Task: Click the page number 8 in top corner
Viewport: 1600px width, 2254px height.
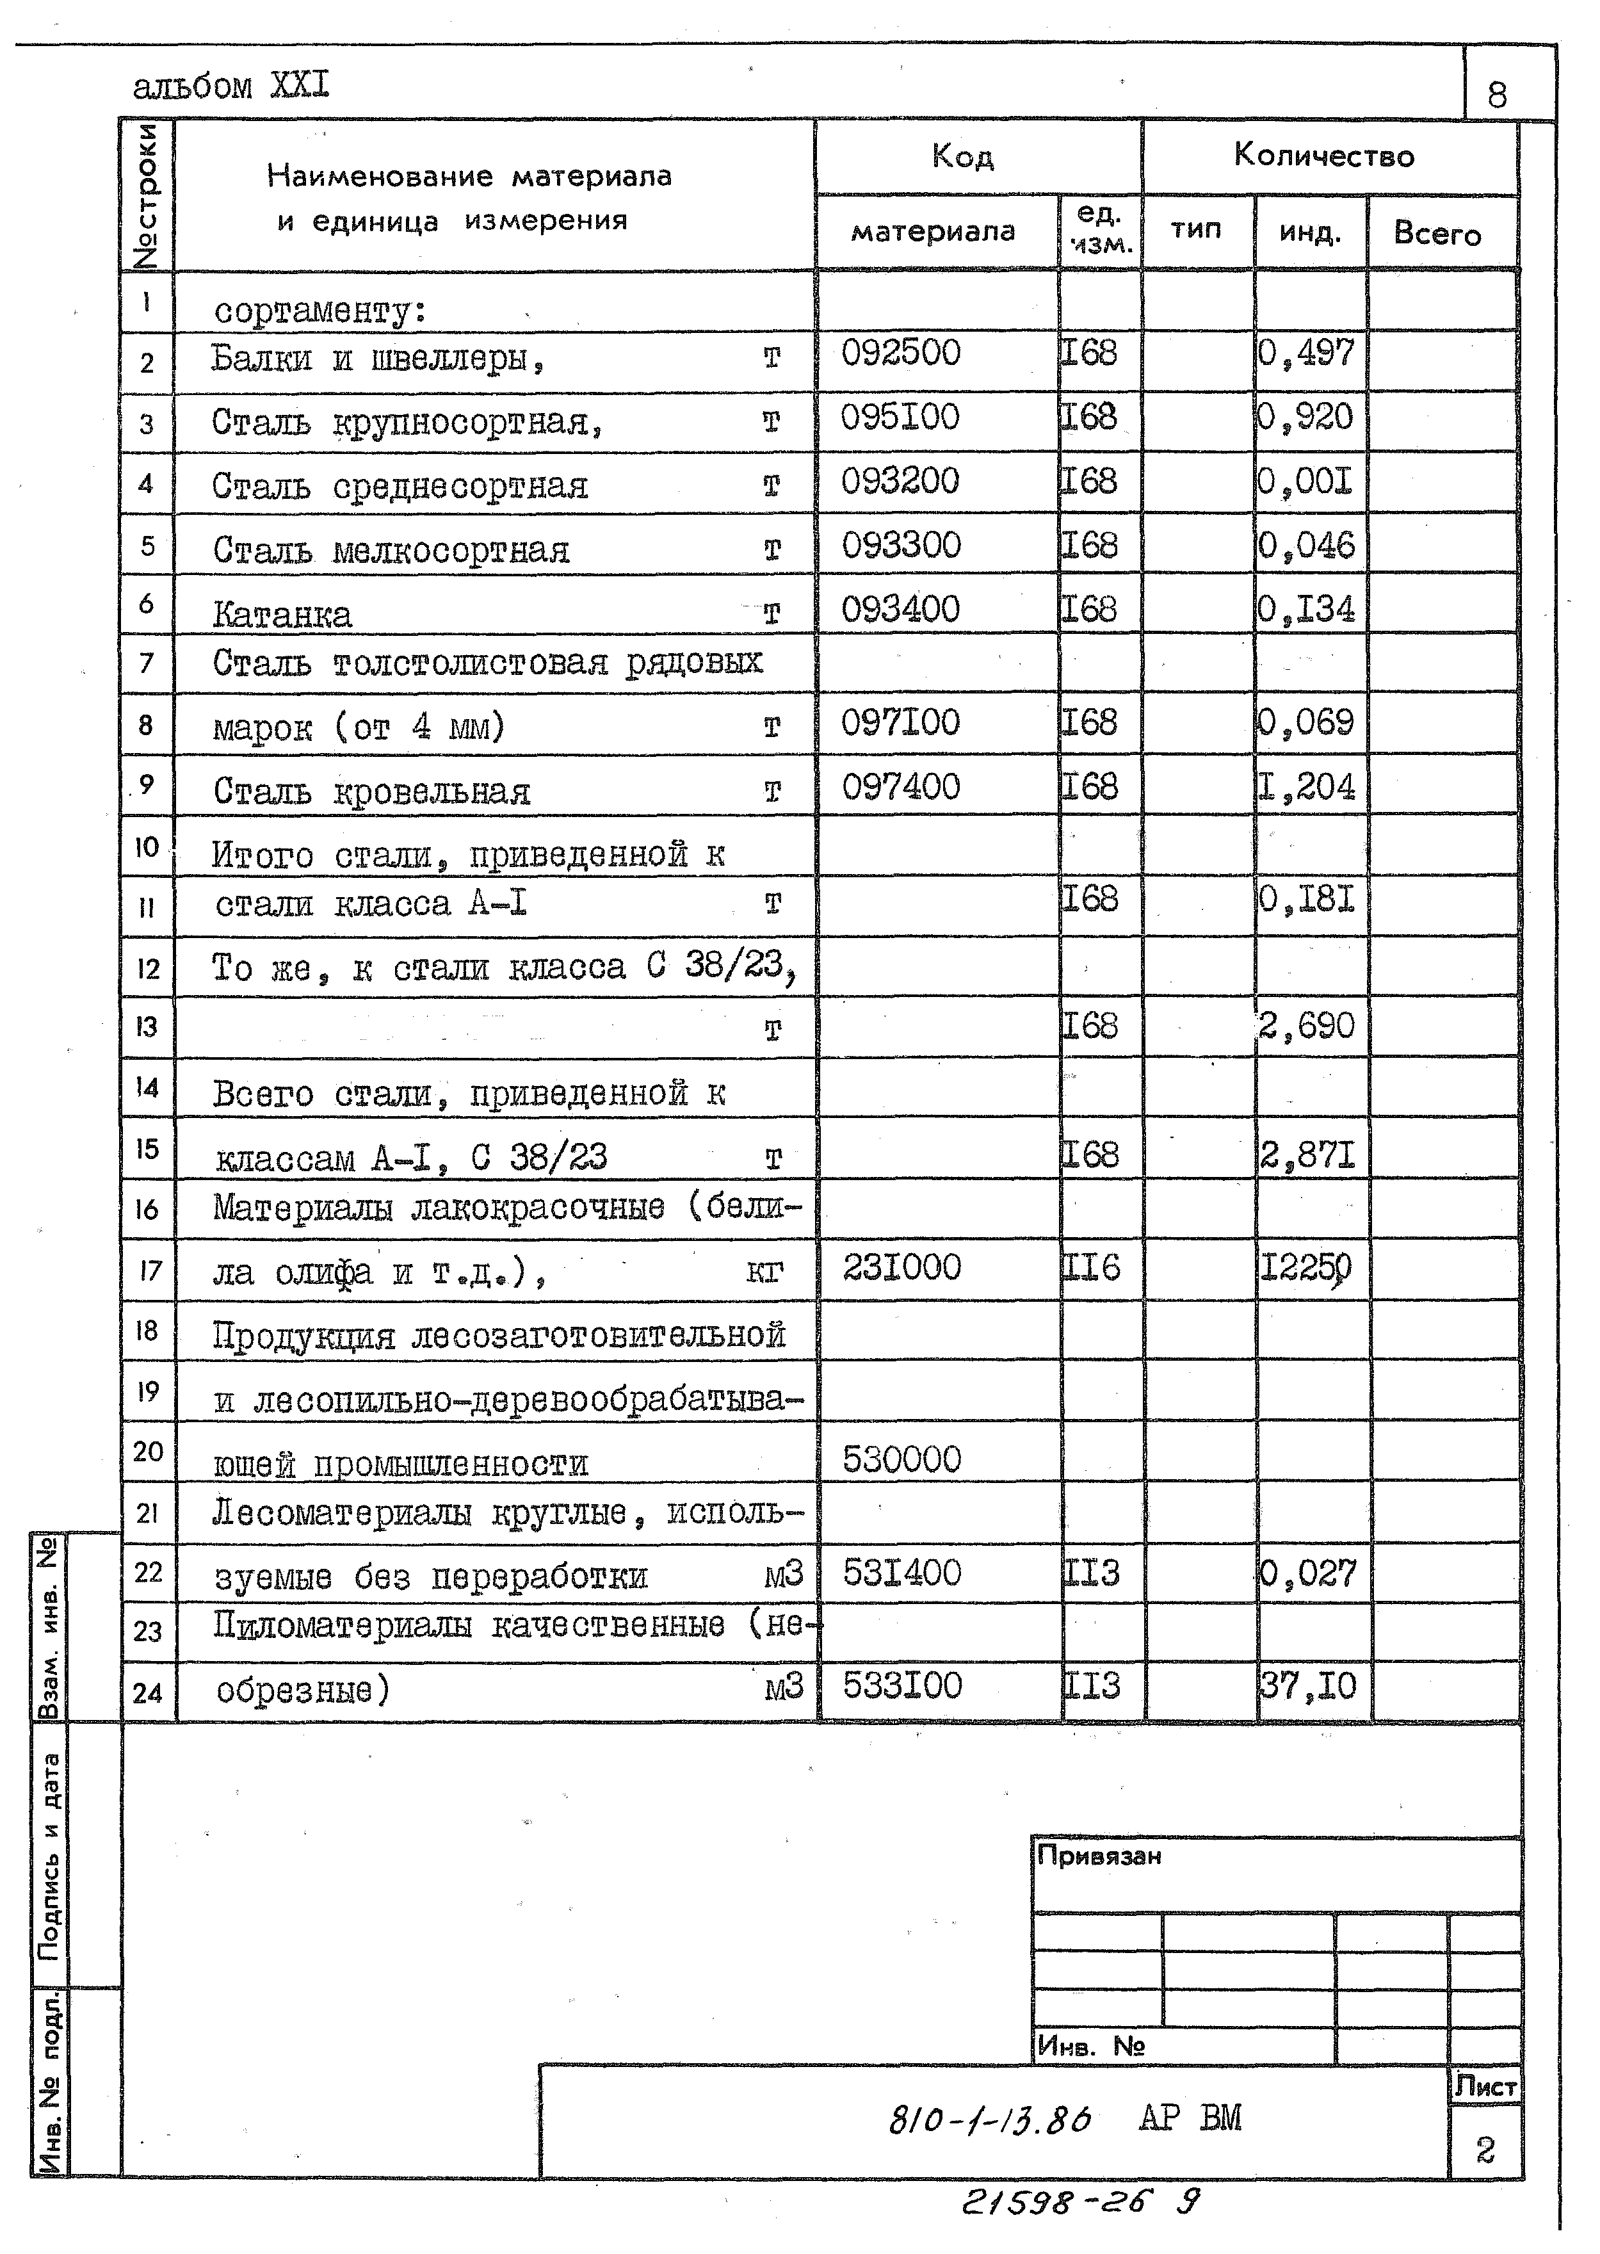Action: coord(1496,95)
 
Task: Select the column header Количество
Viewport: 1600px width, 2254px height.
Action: coord(1323,156)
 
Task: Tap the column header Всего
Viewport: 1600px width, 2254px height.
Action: coord(1437,234)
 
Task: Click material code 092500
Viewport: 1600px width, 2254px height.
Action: coord(900,353)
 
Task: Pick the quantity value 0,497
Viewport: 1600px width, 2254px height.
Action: coord(1307,353)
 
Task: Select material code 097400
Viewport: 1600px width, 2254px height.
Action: coord(900,787)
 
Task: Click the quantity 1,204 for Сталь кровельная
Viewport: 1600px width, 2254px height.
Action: coord(1307,787)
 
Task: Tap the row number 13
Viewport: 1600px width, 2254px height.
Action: coord(146,1026)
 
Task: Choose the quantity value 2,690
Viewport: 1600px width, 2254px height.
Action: coord(1307,1026)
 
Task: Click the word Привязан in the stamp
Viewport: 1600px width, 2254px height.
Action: coord(1099,1856)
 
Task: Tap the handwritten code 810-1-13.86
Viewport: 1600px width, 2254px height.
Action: coord(989,2118)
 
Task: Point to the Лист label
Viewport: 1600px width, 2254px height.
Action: coord(1485,2086)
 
